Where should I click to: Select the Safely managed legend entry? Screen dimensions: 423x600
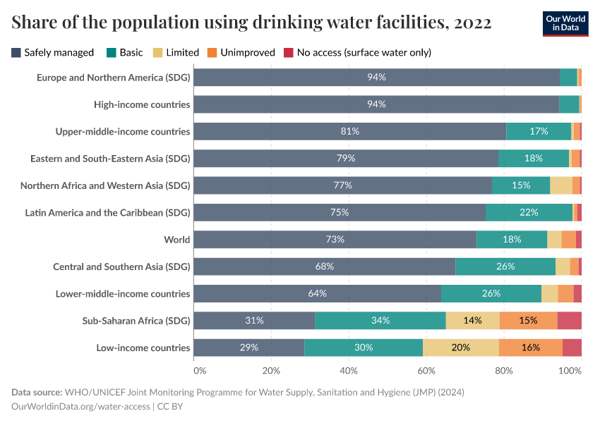click(x=53, y=52)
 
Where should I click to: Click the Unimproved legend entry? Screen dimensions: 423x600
click(x=241, y=52)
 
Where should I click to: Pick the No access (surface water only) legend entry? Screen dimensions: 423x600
click(x=357, y=52)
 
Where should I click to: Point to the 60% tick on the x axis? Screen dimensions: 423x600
click(x=426, y=370)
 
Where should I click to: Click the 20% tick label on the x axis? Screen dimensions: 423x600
click(x=271, y=370)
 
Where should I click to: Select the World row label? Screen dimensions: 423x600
click(x=176, y=240)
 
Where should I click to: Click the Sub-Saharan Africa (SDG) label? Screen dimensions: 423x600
click(x=136, y=321)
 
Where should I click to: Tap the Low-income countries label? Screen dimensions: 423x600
click(x=143, y=348)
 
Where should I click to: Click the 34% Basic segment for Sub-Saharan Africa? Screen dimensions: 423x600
click(x=380, y=321)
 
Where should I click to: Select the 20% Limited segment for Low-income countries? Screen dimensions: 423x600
click(x=460, y=348)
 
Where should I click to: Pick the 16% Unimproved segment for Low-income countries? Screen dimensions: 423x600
click(x=531, y=348)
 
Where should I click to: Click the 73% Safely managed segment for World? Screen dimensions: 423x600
click(x=335, y=240)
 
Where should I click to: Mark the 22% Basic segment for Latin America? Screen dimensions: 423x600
click(x=529, y=212)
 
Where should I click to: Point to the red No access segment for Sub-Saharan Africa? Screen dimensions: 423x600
click(x=570, y=321)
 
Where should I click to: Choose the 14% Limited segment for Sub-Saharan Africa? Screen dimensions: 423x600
click(x=473, y=321)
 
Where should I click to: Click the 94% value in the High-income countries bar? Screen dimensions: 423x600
click(x=376, y=104)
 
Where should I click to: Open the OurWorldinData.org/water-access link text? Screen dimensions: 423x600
click(x=81, y=406)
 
